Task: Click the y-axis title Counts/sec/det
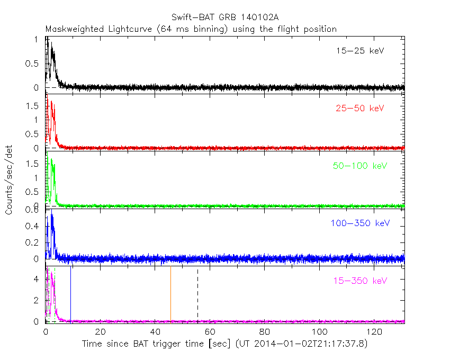(9, 180)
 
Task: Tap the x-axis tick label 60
(210, 332)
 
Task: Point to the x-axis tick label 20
(100, 332)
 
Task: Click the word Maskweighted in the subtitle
(72, 29)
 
